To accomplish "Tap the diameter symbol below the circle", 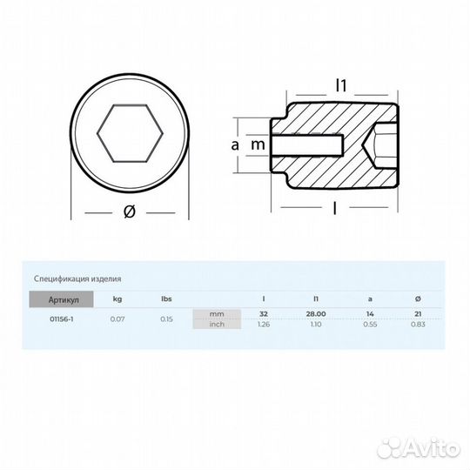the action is tap(130, 211).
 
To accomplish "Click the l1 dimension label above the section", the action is tap(341, 85).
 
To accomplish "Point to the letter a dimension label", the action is tap(235, 145).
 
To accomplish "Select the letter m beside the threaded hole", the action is tap(258, 145).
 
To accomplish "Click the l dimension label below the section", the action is tap(334, 208).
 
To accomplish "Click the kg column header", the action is tap(117, 299).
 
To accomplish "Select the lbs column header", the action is tap(166, 299).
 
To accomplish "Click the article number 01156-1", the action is tap(62, 319).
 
